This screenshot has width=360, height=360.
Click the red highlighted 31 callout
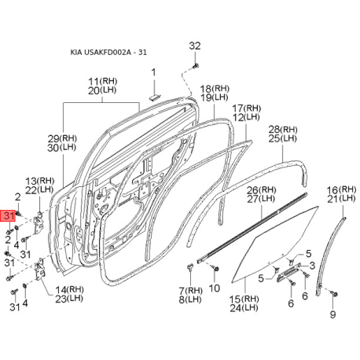click(x=8, y=216)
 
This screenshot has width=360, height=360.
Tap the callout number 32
click(x=195, y=46)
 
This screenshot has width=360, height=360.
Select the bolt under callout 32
click(x=196, y=65)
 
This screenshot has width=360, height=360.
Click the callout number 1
click(x=153, y=72)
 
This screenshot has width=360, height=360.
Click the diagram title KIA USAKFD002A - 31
click(x=108, y=53)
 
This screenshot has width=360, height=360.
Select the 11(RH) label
click(x=103, y=82)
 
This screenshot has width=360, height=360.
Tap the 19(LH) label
click(x=214, y=97)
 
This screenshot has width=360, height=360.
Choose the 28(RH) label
click(x=283, y=130)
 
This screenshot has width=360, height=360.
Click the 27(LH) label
click(x=261, y=199)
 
